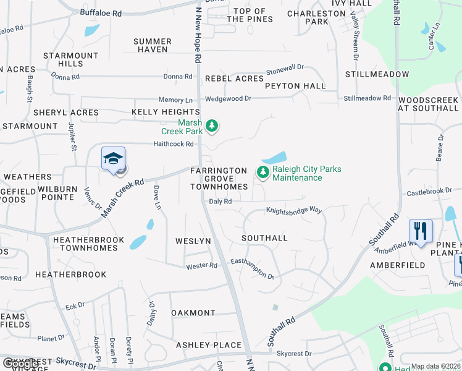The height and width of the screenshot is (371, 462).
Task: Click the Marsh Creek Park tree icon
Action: (x=212, y=126)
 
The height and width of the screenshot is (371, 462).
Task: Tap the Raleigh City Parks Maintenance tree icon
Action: (x=263, y=172)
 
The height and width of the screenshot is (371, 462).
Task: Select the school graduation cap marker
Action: (x=114, y=159)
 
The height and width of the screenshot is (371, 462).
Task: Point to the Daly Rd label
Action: (x=220, y=202)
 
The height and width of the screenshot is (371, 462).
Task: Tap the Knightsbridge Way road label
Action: (x=294, y=210)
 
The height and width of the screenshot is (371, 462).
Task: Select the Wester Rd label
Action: (x=202, y=266)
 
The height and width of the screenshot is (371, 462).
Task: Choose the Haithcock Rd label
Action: (x=174, y=144)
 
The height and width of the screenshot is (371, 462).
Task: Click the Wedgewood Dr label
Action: (x=228, y=98)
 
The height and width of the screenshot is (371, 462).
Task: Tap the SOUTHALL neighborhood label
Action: (x=264, y=238)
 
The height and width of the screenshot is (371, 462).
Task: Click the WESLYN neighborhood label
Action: (x=193, y=241)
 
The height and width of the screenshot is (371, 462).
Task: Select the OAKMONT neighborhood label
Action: (x=193, y=313)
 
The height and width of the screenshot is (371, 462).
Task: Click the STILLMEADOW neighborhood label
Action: (x=377, y=74)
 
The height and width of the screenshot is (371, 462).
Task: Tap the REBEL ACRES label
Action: (x=234, y=79)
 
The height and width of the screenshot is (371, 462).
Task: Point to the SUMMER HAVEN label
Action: (x=151, y=45)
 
